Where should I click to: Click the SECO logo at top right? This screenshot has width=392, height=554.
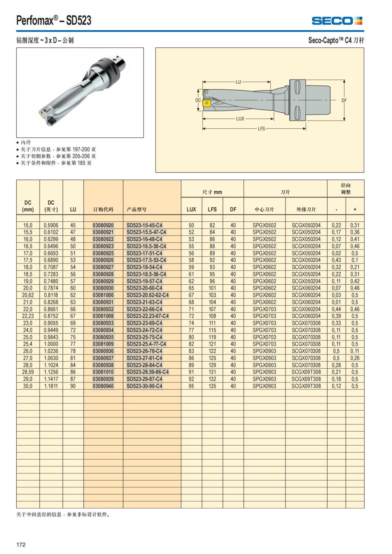(x=337, y=21)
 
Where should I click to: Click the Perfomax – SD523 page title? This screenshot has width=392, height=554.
(x=54, y=21)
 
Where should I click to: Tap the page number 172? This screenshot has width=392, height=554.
(x=21, y=545)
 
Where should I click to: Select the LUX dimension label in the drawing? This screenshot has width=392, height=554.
(x=240, y=119)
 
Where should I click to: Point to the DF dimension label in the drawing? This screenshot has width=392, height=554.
(x=344, y=101)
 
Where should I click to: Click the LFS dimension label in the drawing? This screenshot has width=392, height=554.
(x=261, y=129)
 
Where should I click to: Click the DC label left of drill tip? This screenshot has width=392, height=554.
(x=198, y=100)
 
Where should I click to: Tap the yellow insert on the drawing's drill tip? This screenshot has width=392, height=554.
(x=206, y=103)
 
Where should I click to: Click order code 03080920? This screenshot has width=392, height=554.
(x=103, y=225)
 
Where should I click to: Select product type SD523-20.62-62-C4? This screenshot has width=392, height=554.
(x=148, y=295)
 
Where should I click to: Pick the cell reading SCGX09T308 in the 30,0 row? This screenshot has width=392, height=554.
(x=306, y=386)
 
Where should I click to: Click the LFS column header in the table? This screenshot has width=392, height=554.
(x=212, y=210)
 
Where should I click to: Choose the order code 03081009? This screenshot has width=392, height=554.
(x=103, y=344)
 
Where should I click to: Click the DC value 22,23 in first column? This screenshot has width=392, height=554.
(x=28, y=316)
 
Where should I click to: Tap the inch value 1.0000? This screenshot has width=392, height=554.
(x=51, y=344)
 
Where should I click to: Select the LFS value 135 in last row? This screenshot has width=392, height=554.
(x=212, y=386)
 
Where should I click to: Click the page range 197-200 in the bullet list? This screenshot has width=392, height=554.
(x=81, y=149)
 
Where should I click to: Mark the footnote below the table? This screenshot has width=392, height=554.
(x=63, y=514)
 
